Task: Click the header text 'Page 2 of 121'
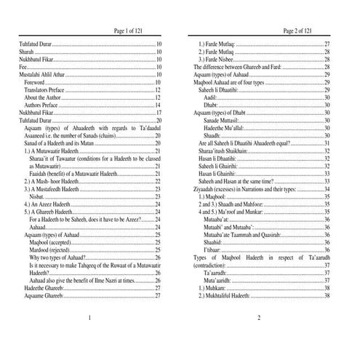pos(298,31)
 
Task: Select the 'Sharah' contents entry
pos(26,52)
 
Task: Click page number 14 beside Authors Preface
pos(158,105)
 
